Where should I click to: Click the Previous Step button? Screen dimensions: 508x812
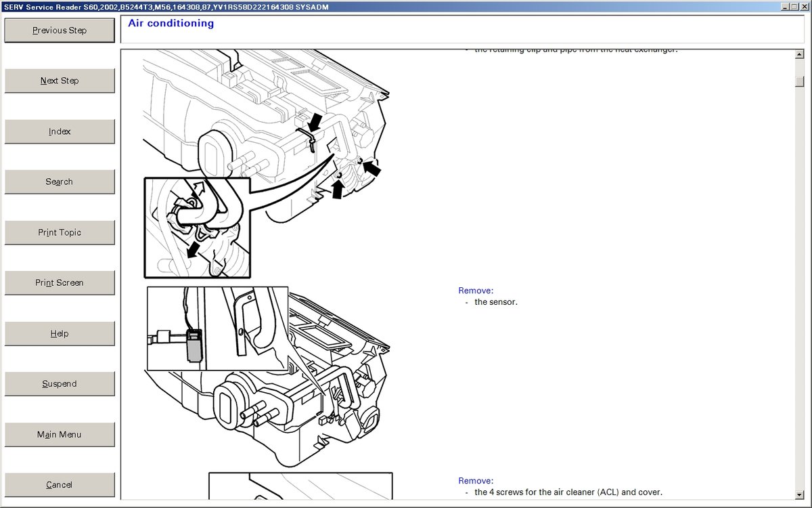(x=60, y=30)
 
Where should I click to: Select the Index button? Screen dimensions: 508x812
(x=60, y=131)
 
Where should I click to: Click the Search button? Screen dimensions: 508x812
(x=60, y=182)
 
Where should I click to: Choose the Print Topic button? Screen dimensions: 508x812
(x=60, y=232)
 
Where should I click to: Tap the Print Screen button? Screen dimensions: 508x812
(x=60, y=282)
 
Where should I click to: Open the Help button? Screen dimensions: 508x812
(x=60, y=333)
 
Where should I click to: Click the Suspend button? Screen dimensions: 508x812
(x=60, y=383)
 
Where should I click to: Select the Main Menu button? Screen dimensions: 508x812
(x=60, y=434)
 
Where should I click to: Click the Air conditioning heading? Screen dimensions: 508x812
(x=171, y=24)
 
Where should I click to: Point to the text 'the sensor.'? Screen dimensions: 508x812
(x=495, y=302)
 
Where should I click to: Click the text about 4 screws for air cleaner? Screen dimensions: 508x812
(x=568, y=492)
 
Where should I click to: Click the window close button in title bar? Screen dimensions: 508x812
(x=804, y=6)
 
